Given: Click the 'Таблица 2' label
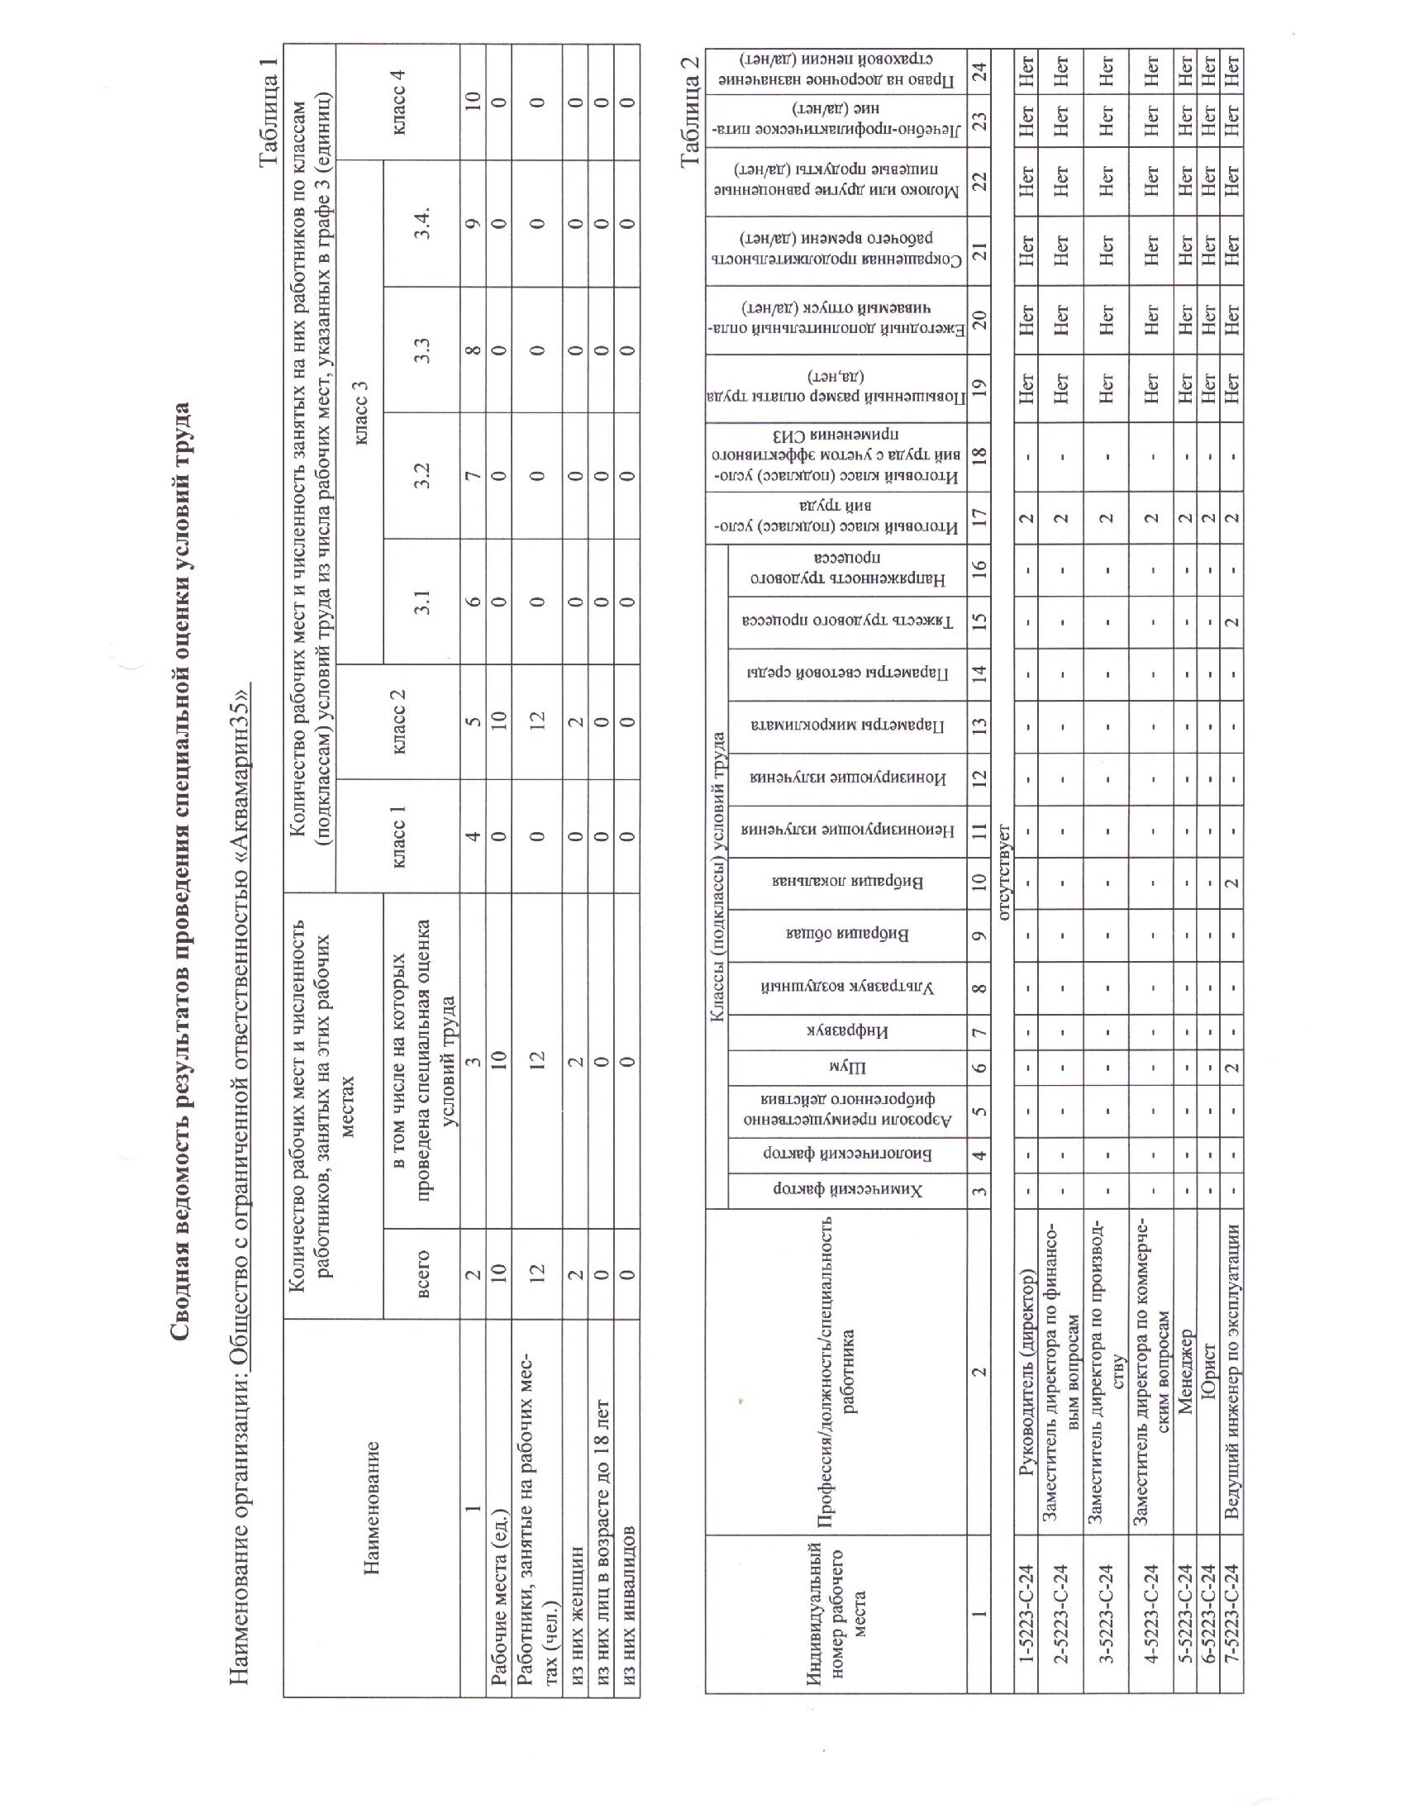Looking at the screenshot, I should coord(690,111).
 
